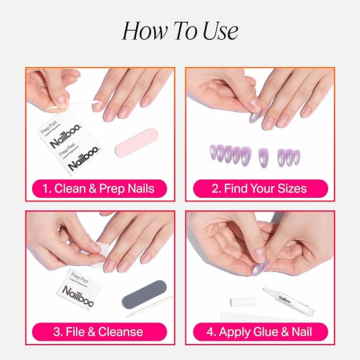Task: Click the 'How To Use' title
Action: coord(180,31)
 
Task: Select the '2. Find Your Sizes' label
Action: coord(259,188)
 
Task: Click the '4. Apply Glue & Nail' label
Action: coord(259,332)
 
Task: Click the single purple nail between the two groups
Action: coord(262,156)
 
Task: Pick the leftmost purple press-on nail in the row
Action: coord(213,153)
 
